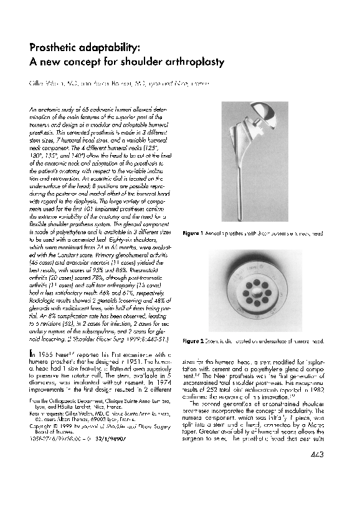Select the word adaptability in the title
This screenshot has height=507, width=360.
coord(112,49)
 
